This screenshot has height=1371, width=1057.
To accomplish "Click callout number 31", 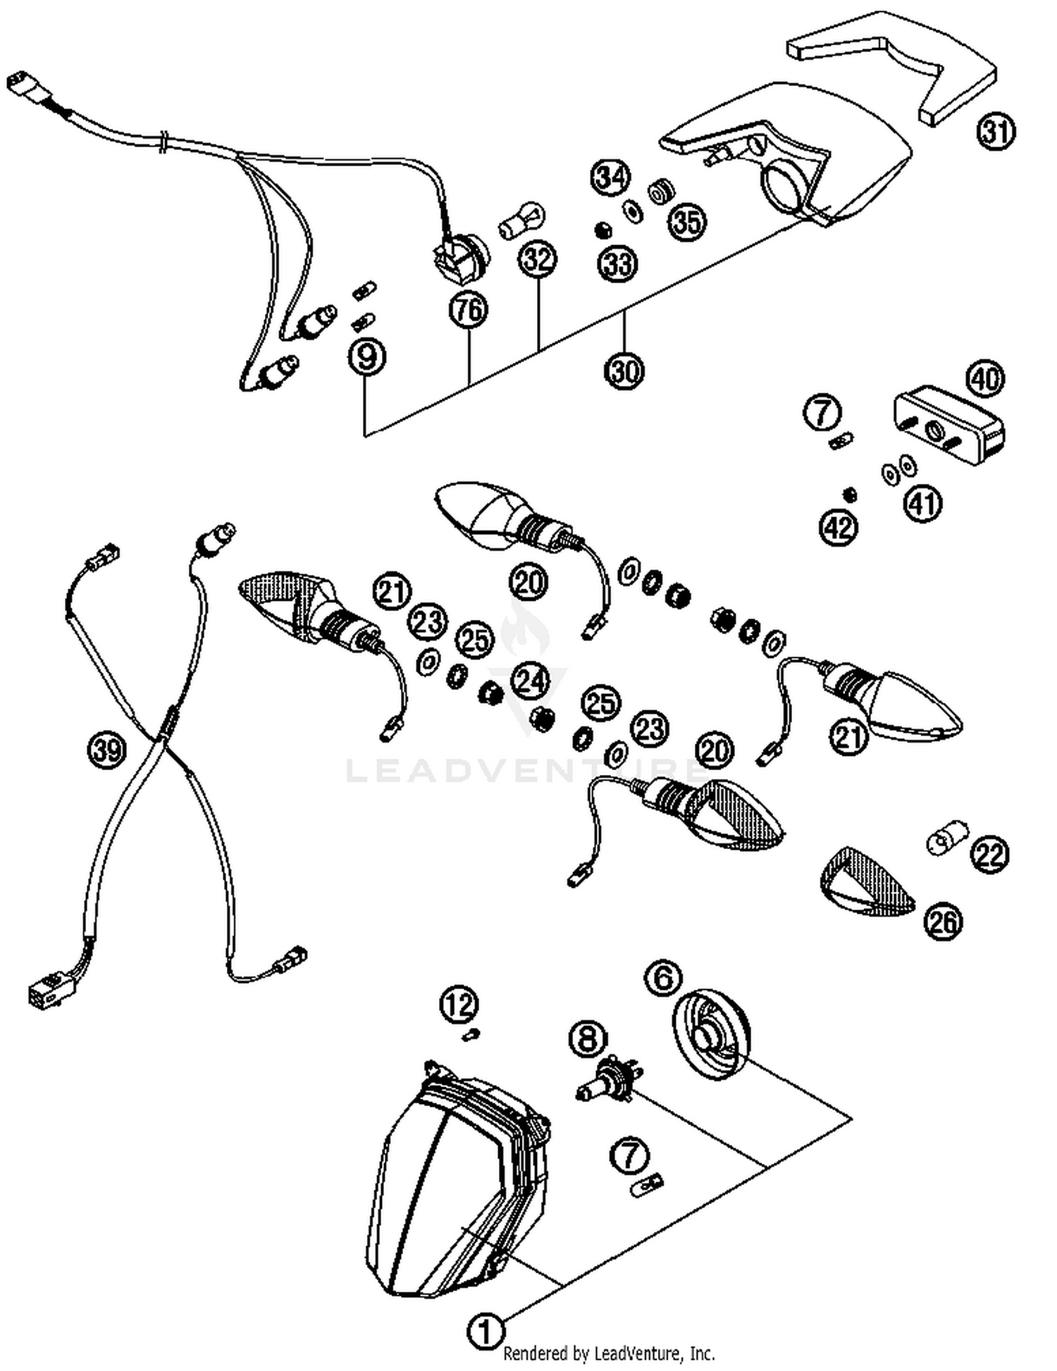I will pos(996,132).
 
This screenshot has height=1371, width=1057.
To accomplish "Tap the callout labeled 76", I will pos(469,309).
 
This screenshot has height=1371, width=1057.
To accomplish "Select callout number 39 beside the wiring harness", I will pos(106,750).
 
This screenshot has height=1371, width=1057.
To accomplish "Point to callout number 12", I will pos(459,1005).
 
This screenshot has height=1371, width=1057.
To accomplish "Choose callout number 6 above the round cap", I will pos(663,979).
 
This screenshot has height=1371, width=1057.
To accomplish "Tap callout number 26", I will pos(944,921).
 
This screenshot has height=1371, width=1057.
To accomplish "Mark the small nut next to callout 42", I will pos(851,495).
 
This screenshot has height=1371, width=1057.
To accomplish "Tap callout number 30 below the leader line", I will pos(624,370).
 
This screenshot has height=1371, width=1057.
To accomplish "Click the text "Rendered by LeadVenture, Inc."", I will pos(609,1353).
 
